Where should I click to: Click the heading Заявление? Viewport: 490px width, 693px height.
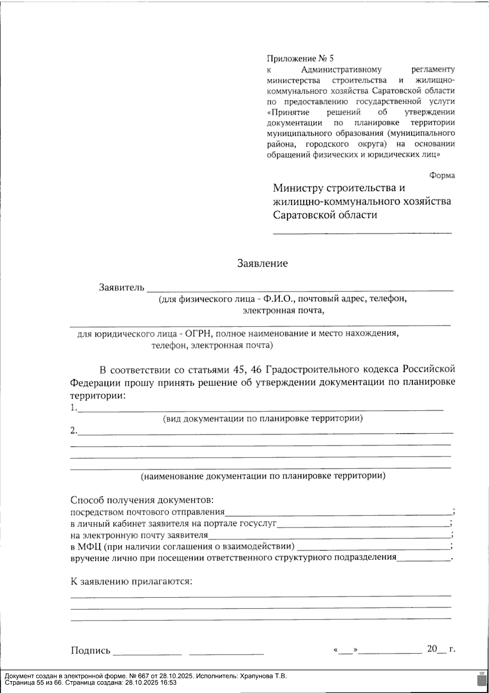(263, 264)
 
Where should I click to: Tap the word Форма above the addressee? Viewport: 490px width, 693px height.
(442, 175)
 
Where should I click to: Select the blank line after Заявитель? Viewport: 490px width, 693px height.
(300, 289)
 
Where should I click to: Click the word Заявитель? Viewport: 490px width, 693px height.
(122, 287)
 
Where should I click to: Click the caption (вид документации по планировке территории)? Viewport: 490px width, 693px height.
(263, 418)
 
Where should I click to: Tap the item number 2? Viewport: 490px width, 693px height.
(73, 430)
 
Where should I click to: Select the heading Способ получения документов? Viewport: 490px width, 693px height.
(142, 500)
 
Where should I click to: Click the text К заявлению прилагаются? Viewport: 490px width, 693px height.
(131, 581)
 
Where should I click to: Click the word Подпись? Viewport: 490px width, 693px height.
(91, 651)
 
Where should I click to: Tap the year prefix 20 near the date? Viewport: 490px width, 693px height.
(432, 649)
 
